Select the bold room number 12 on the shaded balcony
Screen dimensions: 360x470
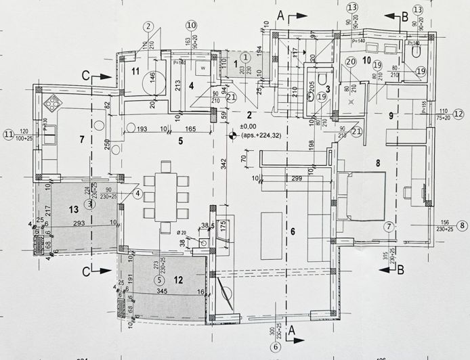point(179,279)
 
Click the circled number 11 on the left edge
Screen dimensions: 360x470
point(8,134)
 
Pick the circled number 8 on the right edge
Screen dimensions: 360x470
point(462,226)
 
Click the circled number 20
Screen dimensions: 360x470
point(350,62)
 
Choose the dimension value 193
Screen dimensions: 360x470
point(142,129)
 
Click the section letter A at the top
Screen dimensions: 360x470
point(280,14)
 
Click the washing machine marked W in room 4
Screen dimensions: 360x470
point(202,69)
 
